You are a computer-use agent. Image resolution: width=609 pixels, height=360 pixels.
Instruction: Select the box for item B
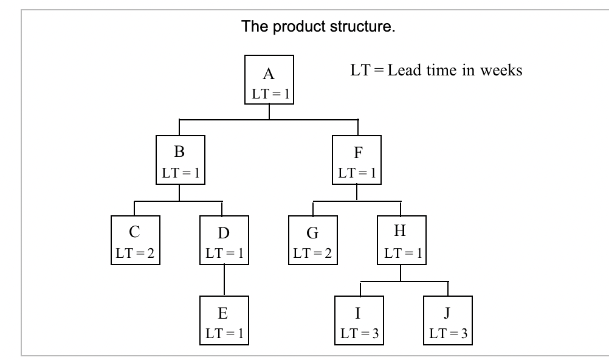click(x=179, y=160)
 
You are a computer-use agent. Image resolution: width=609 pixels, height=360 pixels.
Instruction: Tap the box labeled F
click(x=357, y=160)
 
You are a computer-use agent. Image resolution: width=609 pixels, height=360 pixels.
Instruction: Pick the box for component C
click(x=135, y=240)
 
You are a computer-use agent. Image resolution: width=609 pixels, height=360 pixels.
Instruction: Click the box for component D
click(x=224, y=240)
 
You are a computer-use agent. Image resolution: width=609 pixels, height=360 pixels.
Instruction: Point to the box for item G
click(x=312, y=240)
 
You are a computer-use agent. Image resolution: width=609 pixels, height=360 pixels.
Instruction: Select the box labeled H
click(x=401, y=240)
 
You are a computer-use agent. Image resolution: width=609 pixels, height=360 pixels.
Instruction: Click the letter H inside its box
click(x=401, y=232)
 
